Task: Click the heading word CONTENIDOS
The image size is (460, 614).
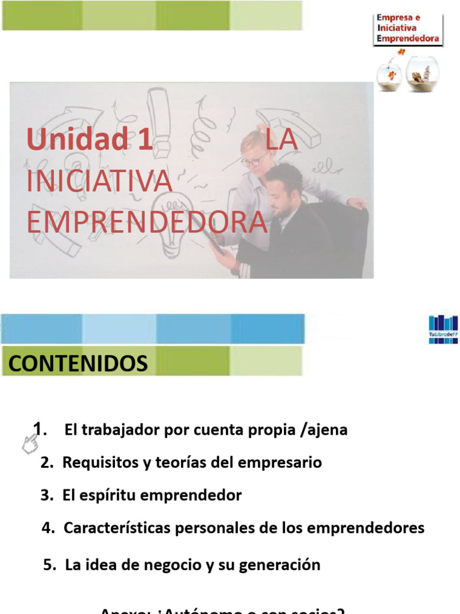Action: [78, 363]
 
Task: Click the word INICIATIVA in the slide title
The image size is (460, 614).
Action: [99, 181]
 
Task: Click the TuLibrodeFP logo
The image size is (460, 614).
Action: [443, 329]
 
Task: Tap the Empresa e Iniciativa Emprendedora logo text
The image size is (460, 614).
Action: [407, 29]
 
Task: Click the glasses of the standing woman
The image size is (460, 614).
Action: [255, 160]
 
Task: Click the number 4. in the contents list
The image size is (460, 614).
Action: [49, 528]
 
